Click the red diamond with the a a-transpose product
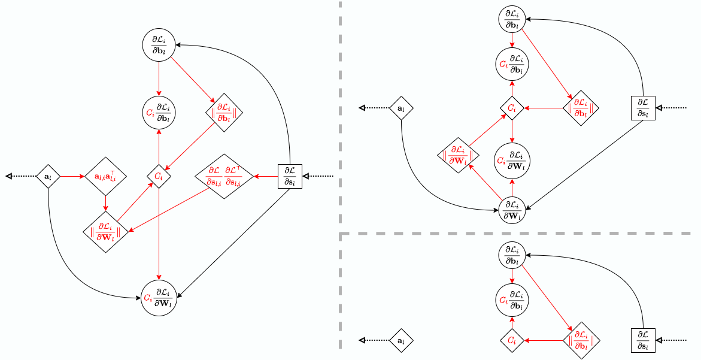pyautogui.click(x=105, y=177)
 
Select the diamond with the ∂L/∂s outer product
pyautogui.click(x=223, y=177)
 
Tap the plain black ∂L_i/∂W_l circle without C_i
pyautogui.click(x=512, y=209)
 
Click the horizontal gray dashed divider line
pyautogui.click(x=515, y=234)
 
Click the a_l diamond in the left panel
pyautogui.click(x=48, y=177)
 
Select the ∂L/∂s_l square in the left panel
pyautogui.click(x=290, y=177)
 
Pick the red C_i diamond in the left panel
pyautogui.click(x=159, y=177)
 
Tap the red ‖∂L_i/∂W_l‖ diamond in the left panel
pyautogui.click(x=105, y=232)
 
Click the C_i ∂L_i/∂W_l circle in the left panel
pyautogui.click(x=159, y=297)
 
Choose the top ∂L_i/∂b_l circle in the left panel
pyautogui.click(x=159, y=45)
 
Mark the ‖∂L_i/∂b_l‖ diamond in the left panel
pyautogui.click(x=223, y=112)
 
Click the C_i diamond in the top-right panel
pyautogui.click(x=512, y=108)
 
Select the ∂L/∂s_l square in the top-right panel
pyautogui.click(x=644, y=108)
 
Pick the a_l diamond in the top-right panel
pyautogui.click(x=401, y=108)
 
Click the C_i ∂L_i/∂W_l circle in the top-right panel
pyautogui.click(x=512, y=161)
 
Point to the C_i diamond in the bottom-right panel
pyautogui.click(x=512, y=340)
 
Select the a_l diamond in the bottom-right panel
pyautogui.click(x=401, y=340)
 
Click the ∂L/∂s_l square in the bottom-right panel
pyautogui.click(x=644, y=340)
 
